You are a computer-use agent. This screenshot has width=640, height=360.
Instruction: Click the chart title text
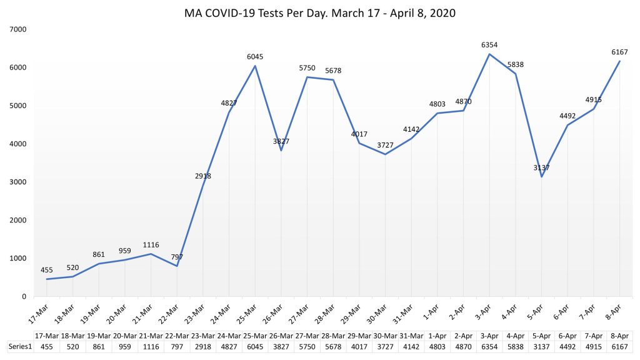pos(320,12)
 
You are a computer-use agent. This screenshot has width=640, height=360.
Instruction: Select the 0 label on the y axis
pos(24,296)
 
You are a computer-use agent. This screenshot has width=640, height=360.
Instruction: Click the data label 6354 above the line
pos(489,45)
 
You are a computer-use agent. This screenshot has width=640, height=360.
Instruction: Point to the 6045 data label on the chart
pos(255,57)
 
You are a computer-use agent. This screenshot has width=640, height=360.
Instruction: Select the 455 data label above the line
pos(47,270)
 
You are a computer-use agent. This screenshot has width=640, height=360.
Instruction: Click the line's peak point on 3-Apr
pos(489,54)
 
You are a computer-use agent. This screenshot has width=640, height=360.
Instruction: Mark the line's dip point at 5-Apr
pos(541,177)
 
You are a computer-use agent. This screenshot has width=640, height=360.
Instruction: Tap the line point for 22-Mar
pos(177,266)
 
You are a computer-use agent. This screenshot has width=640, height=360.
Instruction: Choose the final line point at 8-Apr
pos(619,61)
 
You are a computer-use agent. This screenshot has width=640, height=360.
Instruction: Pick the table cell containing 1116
pos(151,346)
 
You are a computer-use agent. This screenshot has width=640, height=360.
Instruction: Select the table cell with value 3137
pos(541,346)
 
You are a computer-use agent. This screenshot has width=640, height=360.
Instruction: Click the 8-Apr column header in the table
pos(619,336)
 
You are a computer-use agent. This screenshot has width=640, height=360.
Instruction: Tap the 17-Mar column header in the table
pos(47,336)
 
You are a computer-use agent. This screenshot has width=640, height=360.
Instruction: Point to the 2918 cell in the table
pos(203,346)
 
